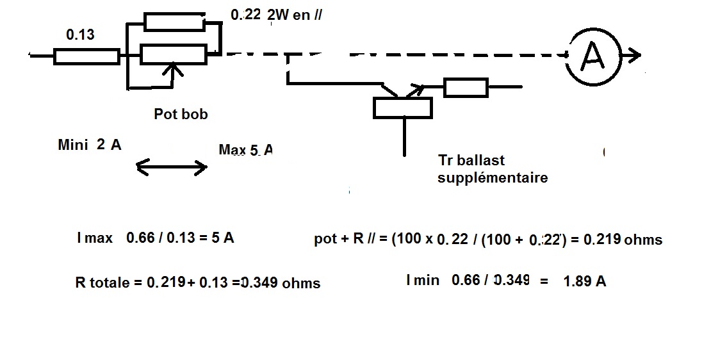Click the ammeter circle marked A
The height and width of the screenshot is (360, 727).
tap(592, 56)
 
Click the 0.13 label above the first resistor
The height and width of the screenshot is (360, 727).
tap(80, 35)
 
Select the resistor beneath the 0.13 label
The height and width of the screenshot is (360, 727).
tap(86, 57)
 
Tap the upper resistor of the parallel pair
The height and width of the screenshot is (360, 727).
tap(174, 22)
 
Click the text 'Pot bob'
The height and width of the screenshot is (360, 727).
tap(181, 114)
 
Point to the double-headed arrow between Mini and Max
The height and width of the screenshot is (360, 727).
tap(172, 168)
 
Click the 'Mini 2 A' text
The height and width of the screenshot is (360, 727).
tap(89, 145)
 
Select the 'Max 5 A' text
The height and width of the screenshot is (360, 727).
tap(245, 150)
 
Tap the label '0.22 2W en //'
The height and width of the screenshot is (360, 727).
tap(275, 15)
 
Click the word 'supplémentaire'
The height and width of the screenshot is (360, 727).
tap(493, 177)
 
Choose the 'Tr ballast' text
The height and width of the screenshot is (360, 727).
tap(471, 160)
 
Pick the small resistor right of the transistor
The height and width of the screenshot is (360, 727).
tap(466, 87)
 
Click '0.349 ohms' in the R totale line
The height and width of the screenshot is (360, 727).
tap(280, 282)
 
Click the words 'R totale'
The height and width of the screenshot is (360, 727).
tap(102, 282)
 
